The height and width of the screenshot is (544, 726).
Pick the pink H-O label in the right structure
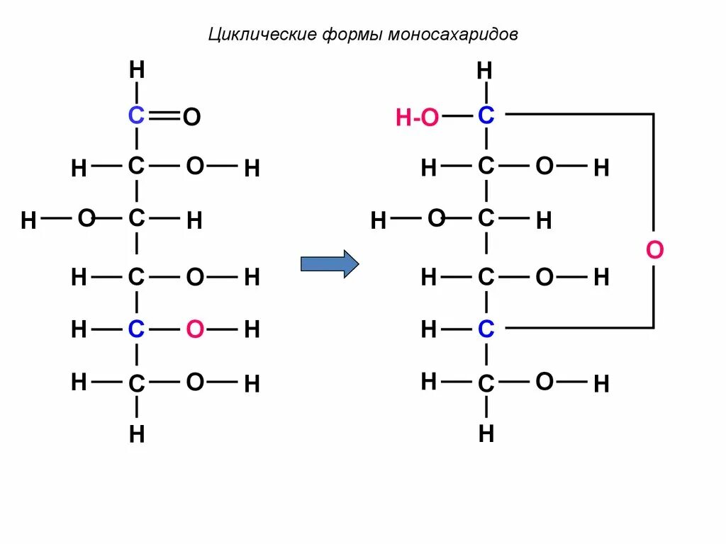(x=418, y=118)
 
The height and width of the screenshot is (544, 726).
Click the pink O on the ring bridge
(x=654, y=250)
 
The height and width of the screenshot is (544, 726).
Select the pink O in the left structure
(x=196, y=329)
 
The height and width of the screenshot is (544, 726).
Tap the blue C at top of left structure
(x=136, y=115)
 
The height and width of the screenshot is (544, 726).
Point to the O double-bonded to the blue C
(x=191, y=118)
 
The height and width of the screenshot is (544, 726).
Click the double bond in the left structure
(x=164, y=115)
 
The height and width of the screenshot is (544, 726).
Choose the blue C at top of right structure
(x=486, y=115)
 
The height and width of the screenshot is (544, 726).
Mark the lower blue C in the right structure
(x=486, y=329)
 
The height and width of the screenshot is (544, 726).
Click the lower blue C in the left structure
(x=136, y=329)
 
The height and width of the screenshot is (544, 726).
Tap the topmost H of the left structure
(x=137, y=70)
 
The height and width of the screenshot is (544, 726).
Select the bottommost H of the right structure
(x=486, y=433)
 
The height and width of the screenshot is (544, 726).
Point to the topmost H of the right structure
(x=485, y=70)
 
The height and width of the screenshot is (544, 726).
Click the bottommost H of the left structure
(x=137, y=434)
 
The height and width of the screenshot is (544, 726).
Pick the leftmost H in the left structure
(x=28, y=221)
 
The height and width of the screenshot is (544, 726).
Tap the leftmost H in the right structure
(x=378, y=221)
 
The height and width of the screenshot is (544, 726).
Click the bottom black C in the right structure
(x=486, y=384)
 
